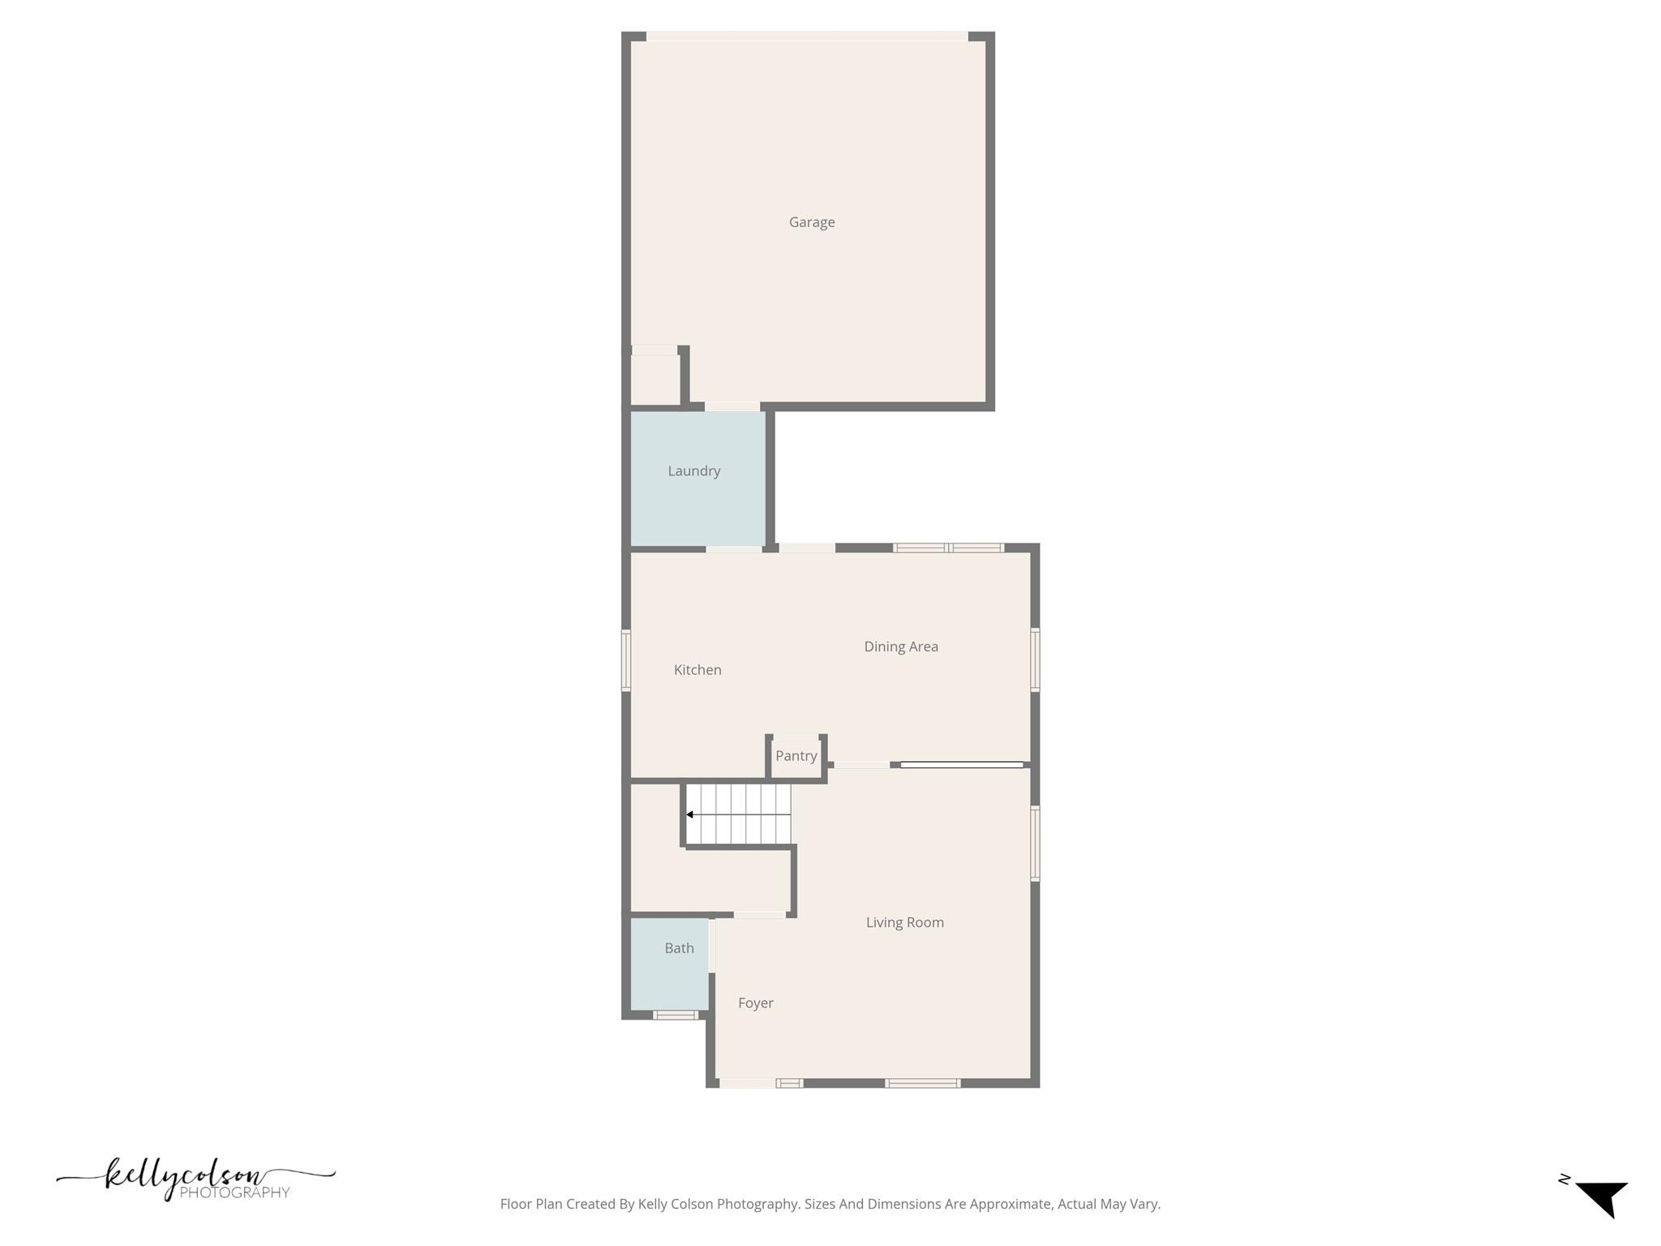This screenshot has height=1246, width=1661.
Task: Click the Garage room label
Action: point(812,222)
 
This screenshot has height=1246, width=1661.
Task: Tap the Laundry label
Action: point(693,470)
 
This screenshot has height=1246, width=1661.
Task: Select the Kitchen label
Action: point(697,669)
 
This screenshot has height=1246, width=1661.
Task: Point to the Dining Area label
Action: point(900,647)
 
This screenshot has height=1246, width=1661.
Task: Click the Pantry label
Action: point(796,756)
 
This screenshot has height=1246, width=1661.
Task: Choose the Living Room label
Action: point(904,922)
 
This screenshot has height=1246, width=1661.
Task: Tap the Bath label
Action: point(679,948)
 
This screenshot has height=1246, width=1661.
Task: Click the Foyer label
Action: point(755,1003)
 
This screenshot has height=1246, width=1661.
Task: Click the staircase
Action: point(738,814)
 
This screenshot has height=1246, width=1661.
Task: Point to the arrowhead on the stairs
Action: point(689,814)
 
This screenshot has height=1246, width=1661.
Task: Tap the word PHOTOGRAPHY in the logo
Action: point(234,1192)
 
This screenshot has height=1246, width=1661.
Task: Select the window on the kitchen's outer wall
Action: point(625,660)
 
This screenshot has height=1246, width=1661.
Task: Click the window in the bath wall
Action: point(676,1015)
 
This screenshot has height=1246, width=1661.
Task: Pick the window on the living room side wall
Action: point(1035,843)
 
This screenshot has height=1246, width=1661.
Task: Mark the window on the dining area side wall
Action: point(1035,660)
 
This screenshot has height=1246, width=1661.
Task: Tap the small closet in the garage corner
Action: point(655,379)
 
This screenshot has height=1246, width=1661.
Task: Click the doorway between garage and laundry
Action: point(732,406)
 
